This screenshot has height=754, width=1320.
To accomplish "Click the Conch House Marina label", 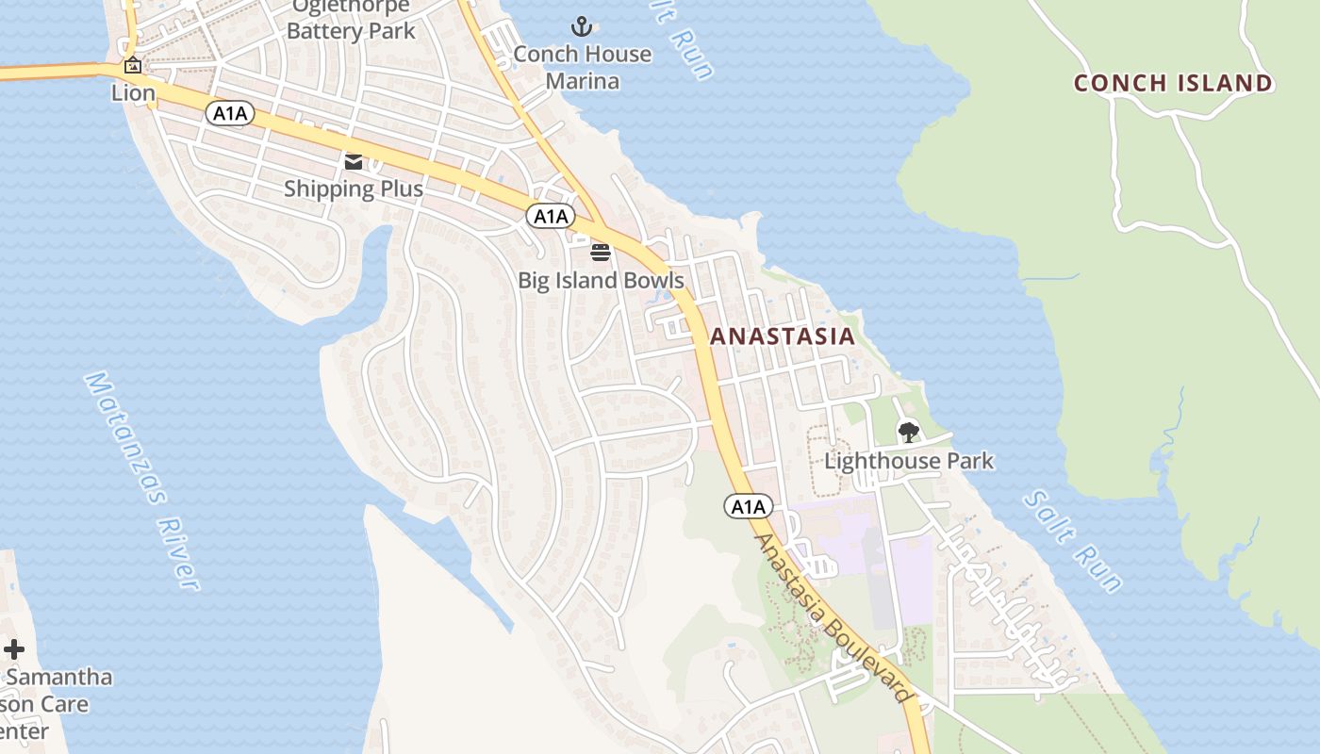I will coord(582,67).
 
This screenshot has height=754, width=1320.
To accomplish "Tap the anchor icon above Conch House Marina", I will coord(582,25).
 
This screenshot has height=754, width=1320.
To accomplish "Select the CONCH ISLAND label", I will coord(1173,83).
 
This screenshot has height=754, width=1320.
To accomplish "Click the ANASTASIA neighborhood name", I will coord(782,336).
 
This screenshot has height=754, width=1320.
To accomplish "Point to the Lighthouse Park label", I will coord(909,461).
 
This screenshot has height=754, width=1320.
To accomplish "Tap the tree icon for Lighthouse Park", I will coord(908,433).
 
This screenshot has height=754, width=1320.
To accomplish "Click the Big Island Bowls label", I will coord(601,281).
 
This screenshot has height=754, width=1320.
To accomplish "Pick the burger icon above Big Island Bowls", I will coord(601,252).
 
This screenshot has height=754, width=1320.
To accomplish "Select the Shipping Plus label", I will coord(354,188).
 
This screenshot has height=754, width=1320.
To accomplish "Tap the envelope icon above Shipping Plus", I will coord(354,162).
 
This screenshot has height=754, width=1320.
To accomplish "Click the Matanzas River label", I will coord(142,481).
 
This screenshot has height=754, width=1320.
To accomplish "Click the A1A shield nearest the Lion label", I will coord(230,114).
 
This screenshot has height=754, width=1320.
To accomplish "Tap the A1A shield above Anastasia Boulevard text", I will coord(749,507).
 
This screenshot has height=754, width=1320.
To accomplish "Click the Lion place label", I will coord(133,93).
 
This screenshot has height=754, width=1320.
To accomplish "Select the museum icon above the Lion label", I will coord(133,66).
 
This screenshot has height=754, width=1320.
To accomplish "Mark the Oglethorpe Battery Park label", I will coord(351,19).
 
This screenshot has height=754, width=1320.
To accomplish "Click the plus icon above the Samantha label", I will coord(14,649).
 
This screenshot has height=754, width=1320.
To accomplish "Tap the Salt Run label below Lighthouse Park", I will coord(1074,541).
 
